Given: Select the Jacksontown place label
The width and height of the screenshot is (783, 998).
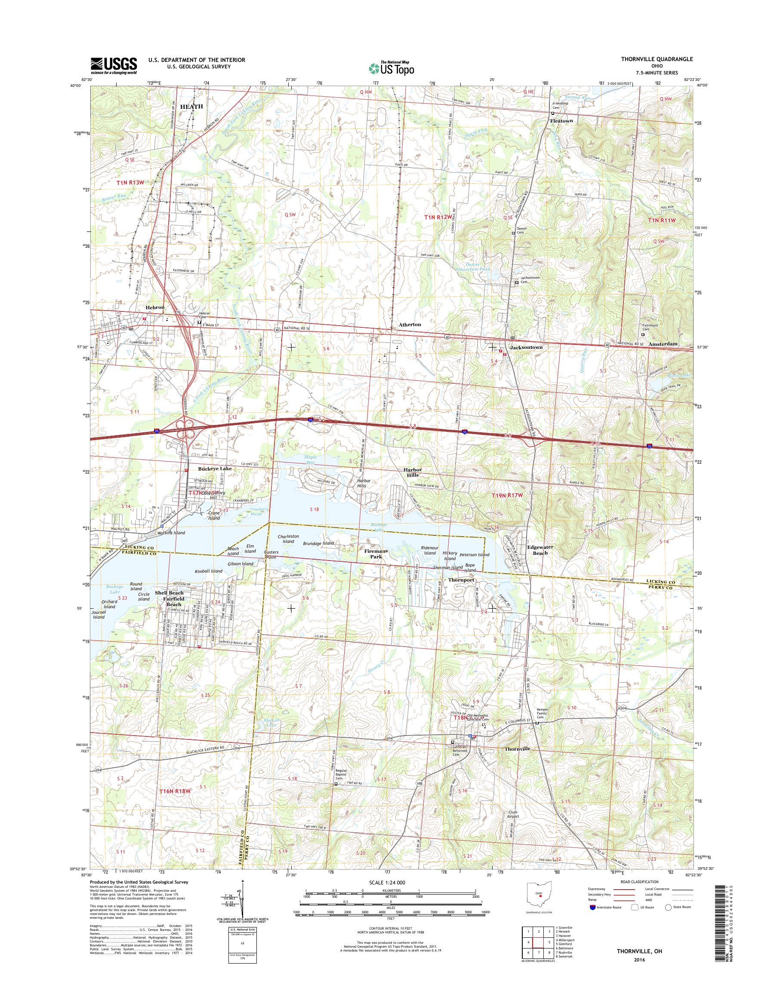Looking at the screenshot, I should coord(527,347).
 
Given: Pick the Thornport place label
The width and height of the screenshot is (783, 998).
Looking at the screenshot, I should coord(461,580).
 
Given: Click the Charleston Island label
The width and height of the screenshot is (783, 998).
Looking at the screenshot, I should coord(288,539).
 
